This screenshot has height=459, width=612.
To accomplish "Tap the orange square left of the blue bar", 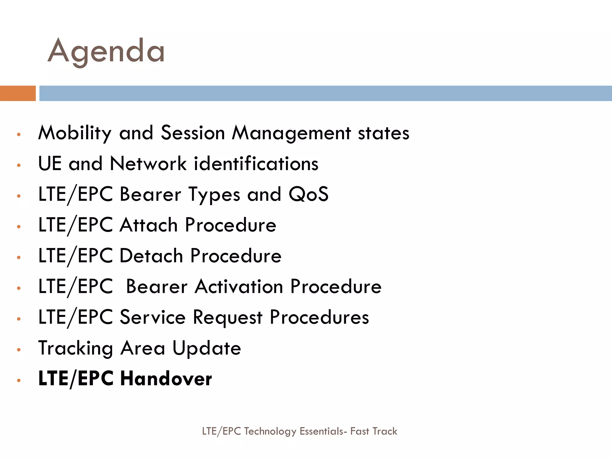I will (x=18, y=93).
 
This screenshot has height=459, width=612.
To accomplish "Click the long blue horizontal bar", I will (x=325, y=93).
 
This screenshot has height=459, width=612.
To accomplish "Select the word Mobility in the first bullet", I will (x=75, y=133).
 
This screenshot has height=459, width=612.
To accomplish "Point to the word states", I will (x=383, y=133).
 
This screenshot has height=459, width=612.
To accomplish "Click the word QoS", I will (x=308, y=194).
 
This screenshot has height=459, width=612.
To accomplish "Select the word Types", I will (x=214, y=195).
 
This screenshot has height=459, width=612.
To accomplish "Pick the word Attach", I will (x=149, y=225).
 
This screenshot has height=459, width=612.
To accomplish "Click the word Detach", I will (x=151, y=256).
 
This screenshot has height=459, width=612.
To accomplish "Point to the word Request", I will (x=227, y=317).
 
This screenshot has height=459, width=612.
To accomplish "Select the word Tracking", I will (x=76, y=348).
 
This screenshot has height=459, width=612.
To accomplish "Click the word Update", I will (x=207, y=348).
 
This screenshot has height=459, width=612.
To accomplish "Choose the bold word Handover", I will (x=166, y=379).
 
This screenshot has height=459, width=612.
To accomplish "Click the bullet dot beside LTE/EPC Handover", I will (x=19, y=380).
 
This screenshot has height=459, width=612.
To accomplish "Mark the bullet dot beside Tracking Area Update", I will (x=19, y=350).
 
